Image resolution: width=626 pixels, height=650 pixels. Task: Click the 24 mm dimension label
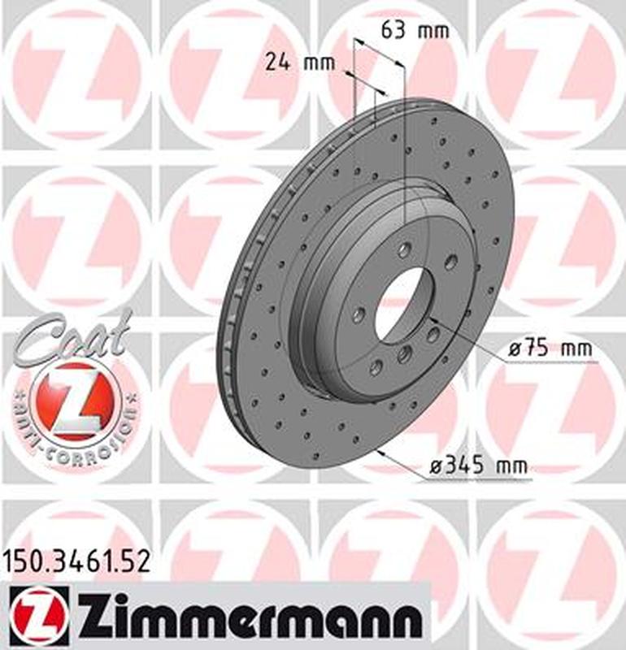coord(293,62)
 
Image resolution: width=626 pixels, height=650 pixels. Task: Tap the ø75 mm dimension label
coord(550,350)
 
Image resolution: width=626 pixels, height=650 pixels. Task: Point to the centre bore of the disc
coord(399,304)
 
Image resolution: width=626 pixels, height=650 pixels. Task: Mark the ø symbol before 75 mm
coord(513,350)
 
